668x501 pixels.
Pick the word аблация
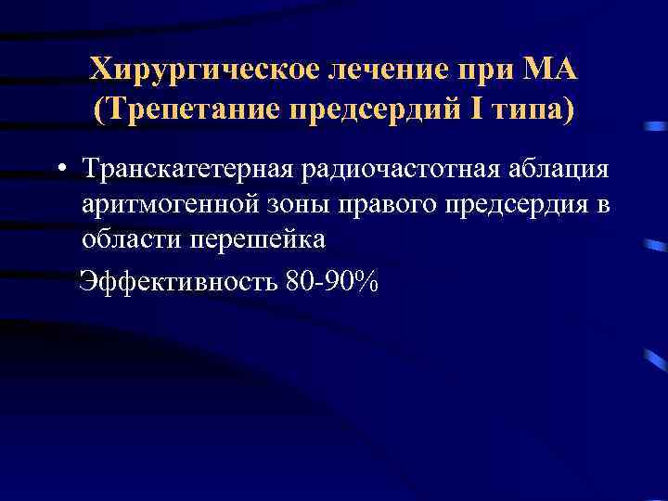click(x=556, y=170)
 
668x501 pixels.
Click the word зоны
click(x=287, y=204)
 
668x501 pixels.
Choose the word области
click(x=131, y=238)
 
